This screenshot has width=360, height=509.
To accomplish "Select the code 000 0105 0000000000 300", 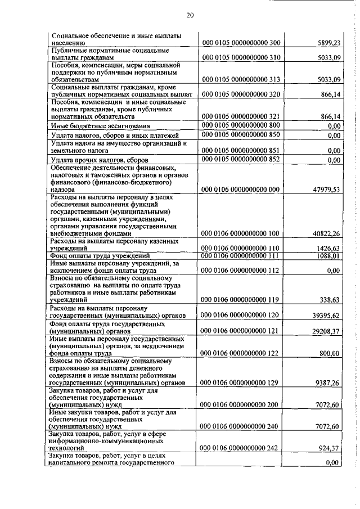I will [x=241, y=42].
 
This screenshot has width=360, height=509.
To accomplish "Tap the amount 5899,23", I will [x=329, y=42].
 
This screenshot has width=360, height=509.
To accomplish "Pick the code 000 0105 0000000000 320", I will [x=241, y=94].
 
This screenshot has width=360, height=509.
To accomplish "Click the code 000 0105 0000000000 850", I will [x=241, y=135].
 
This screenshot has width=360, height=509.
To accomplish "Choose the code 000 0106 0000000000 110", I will [x=241, y=248].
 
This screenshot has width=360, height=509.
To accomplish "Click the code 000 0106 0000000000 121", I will [x=241, y=331].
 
